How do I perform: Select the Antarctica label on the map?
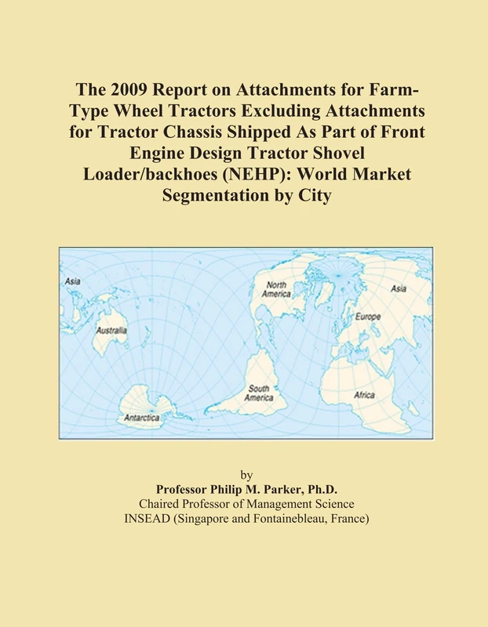[x=142, y=418]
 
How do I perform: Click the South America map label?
[x=260, y=393]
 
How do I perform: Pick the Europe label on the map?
[x=368, y=317]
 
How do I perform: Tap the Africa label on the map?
[x=365, y=396]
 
